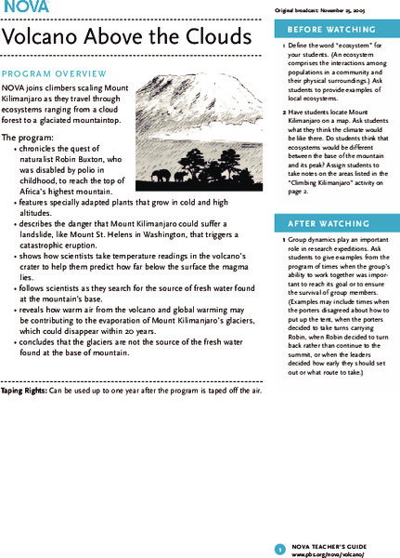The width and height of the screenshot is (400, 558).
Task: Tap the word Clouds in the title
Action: (x=214, y=38)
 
